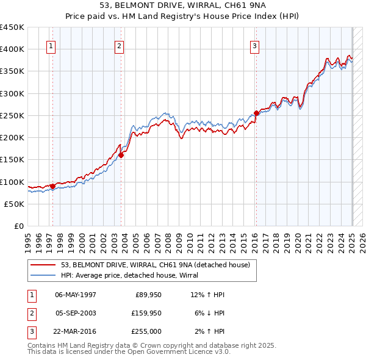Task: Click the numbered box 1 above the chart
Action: pyautogui.click(x=51, y=45)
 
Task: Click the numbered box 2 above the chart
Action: pyautogui.click(x=120, y=45)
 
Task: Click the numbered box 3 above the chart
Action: pyautogui.click(x=254, y=45)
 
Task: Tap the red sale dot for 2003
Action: pyautogui.click(x=121, y=155)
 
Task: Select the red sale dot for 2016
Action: pyautogui.click(x=257, y=113)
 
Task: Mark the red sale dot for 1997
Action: pyautogui.click(x=53, y=186)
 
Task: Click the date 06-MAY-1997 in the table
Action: pyautogui.click(x=75, y=295)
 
